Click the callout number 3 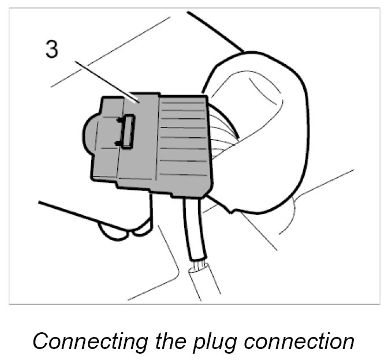52,50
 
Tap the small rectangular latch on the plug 126,132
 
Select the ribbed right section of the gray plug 184,141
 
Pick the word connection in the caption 301,340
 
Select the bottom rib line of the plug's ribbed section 185,174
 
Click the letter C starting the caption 40,340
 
